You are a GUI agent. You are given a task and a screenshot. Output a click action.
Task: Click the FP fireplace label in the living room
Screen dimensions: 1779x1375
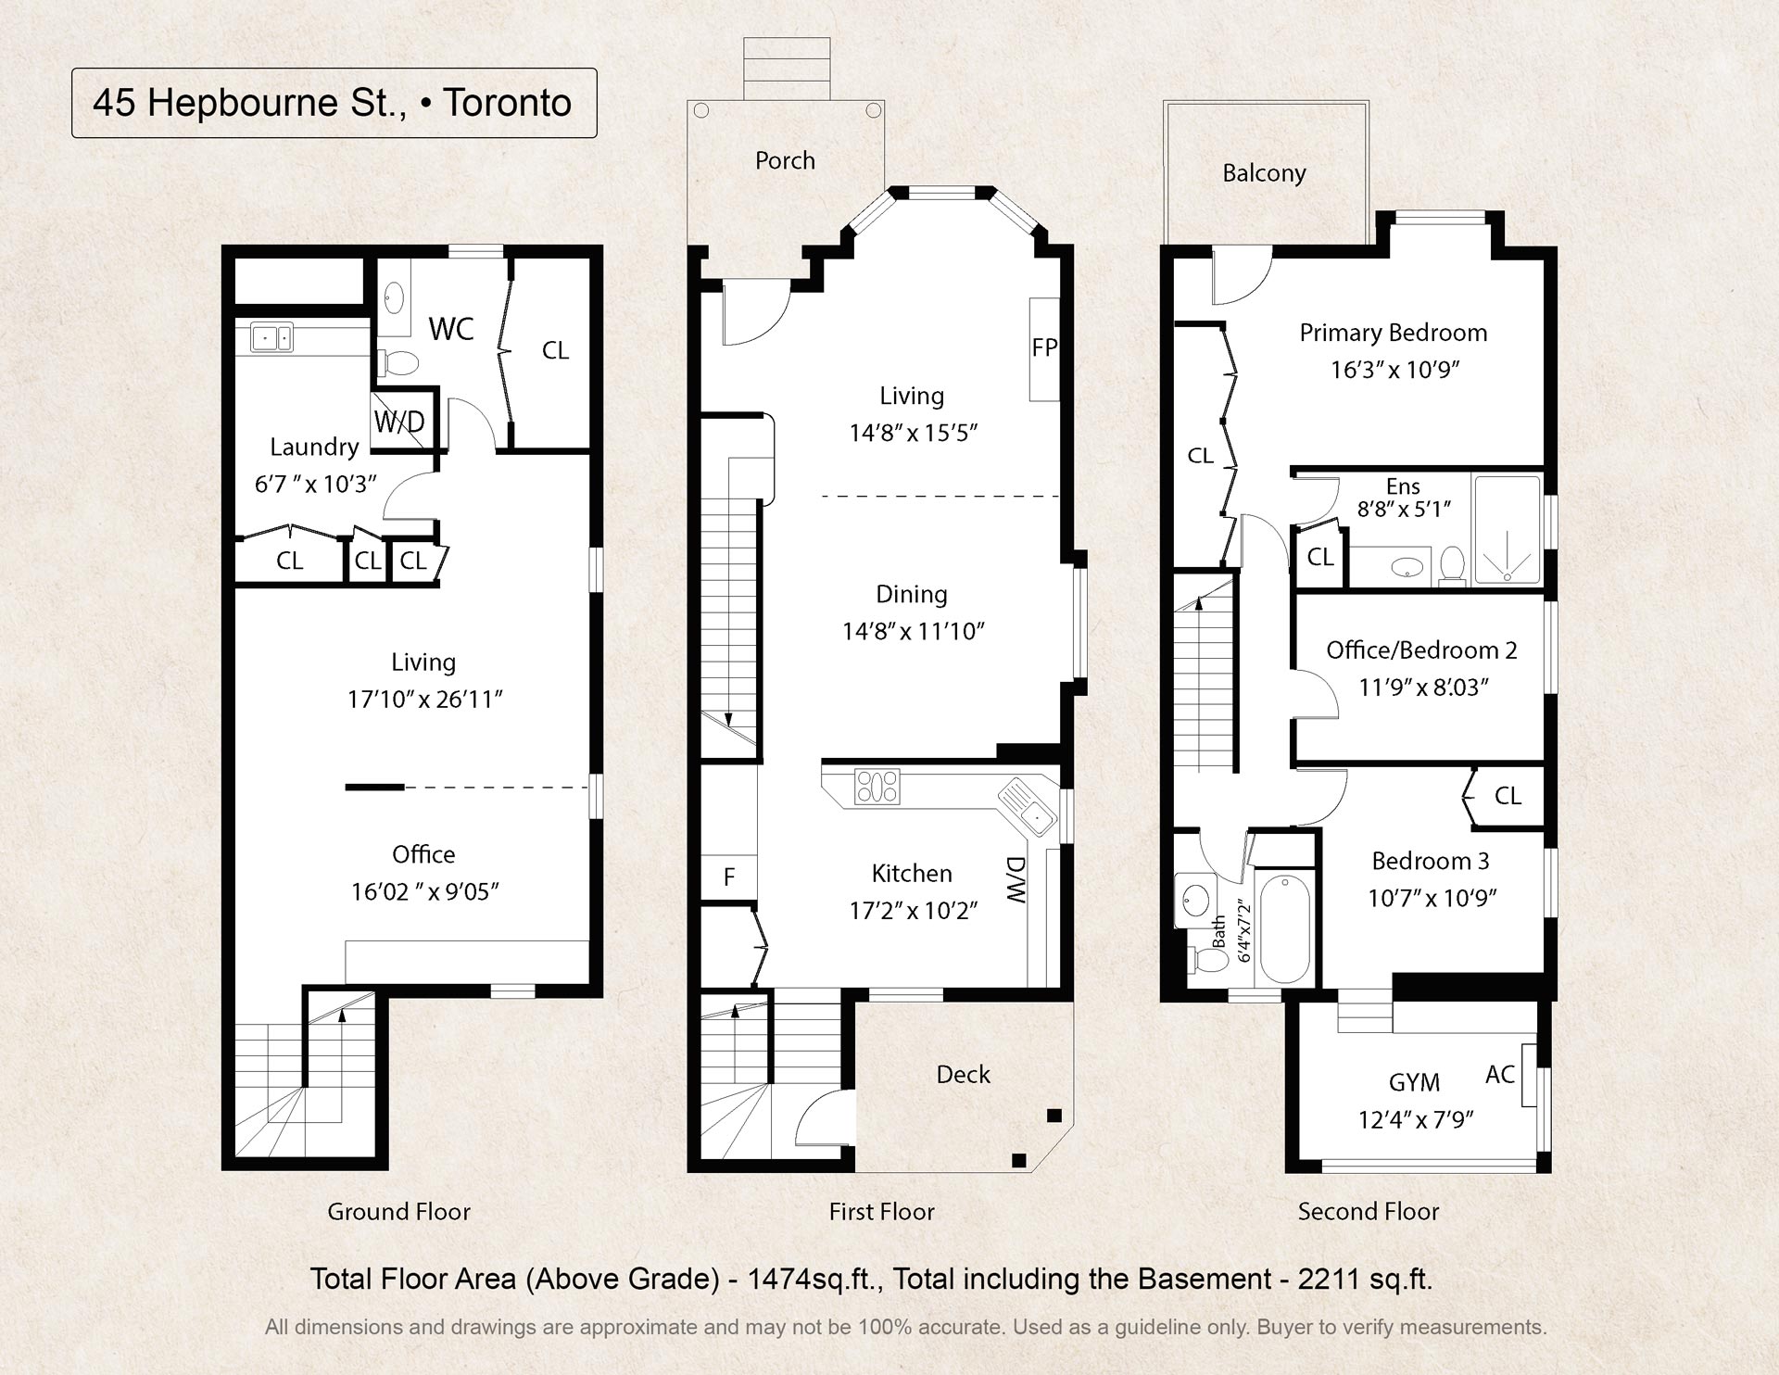[1044, 347]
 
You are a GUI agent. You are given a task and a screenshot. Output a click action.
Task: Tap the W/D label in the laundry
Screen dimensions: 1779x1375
[399, 423]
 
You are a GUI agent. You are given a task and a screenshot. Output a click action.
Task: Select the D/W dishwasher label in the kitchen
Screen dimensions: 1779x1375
[1016, 880]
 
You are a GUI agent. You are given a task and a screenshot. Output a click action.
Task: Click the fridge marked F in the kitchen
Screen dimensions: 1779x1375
[729, 877]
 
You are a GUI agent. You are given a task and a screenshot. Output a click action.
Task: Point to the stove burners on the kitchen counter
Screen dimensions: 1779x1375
[877, 787]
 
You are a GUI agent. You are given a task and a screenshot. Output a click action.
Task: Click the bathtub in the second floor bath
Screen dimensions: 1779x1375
[1284, 927]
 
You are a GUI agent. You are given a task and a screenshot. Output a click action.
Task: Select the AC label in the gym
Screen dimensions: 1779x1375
[1500, 1074]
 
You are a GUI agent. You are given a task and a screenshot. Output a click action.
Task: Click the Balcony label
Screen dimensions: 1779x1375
[1264, 173]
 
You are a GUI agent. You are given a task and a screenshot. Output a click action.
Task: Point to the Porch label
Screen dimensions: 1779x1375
[785, 160]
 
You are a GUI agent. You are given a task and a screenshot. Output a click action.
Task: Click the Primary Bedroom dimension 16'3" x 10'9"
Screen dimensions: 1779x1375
[1395, 370]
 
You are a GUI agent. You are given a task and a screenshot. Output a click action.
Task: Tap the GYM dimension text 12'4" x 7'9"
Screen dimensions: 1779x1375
[1415, 1119]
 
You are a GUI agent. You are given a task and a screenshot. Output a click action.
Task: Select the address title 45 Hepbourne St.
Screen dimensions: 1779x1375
[249, 103]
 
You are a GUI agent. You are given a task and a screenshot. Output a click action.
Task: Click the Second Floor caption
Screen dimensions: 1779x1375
[1369, 1211]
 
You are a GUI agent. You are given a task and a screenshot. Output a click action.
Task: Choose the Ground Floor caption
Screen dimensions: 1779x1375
[398, 1211]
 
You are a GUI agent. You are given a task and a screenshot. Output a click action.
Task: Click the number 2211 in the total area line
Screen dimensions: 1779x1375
[1328, 1279]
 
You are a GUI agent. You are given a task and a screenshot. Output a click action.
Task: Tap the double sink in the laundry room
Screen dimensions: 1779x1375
[271, 338]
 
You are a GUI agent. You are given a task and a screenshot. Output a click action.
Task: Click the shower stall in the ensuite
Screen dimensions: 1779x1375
[1507, 529]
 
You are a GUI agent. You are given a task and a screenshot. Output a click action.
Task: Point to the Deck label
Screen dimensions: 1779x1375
[964, 1074]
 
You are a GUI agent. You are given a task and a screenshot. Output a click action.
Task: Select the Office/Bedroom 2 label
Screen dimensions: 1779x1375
[1421, 650]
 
